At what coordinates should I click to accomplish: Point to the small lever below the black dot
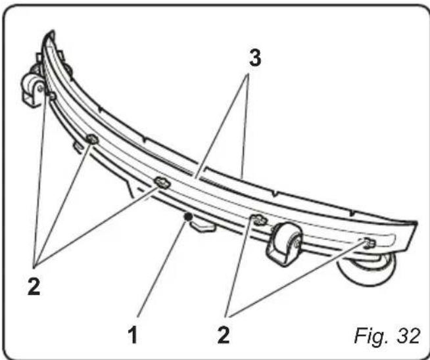tap(203, 226)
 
